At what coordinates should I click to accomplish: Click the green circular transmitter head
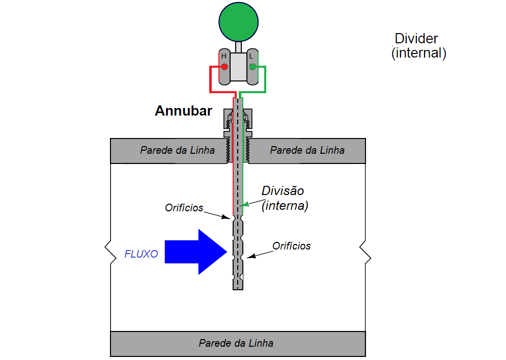(238, 21)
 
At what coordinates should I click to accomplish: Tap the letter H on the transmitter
(223, 56)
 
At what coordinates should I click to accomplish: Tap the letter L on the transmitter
(251, 56)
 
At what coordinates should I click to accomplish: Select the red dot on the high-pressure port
(224, 67)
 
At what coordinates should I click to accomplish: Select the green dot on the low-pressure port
(252, 67)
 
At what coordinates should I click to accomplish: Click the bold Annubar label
(183, 111)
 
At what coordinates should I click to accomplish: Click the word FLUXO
(141, 254)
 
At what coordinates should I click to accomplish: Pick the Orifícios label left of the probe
(184, 208)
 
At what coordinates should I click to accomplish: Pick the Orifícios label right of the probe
(291, 246)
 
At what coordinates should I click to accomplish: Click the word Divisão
(283, 191)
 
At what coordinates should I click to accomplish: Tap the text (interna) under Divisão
(285, 206)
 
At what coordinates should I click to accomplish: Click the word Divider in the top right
(416, 39)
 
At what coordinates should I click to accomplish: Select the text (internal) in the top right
(418, 53)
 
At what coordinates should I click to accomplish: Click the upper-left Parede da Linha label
(177, 150)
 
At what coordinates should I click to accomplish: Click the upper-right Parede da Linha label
(307, 150)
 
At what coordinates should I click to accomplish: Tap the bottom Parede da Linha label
(236, 343)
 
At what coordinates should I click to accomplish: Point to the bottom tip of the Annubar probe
(238, 288)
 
